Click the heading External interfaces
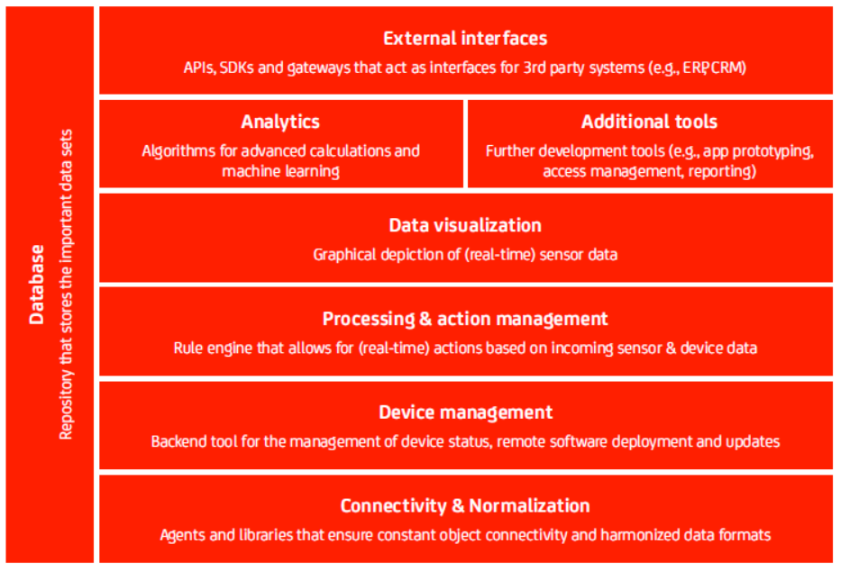[x=465, y=39]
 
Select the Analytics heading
[x=280, y=122]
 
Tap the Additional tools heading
[x=650, y=122]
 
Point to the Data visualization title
[x=465, y=225]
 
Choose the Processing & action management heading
[x=465, y=319]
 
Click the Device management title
[x=465, y=412]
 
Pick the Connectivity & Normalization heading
[x=465, y=505]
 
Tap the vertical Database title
[x=37, y=285]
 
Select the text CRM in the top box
[x=727, y=68]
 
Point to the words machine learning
[x=280, y=171]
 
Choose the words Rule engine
[x=213, y=349]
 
